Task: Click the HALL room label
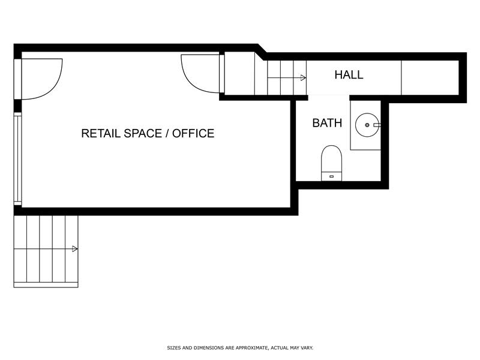click(349, 74)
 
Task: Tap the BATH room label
click(327, 123)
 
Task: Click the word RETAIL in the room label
click(100, 133)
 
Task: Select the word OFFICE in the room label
click(193, 133)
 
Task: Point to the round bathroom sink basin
click(367, 125)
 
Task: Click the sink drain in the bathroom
click(367, 125)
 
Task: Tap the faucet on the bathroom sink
click(377, 125)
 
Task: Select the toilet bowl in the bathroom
click(331, 159)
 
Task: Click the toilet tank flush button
click(331, 176)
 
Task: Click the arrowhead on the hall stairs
click(304, 78)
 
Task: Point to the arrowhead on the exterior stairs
click(74, 249)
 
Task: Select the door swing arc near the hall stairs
click(190, 82)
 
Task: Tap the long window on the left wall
click(18, 158)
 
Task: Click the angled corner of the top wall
click(262, 52)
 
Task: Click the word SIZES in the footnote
click(174, 348)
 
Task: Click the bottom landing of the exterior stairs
click(46, 285)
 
